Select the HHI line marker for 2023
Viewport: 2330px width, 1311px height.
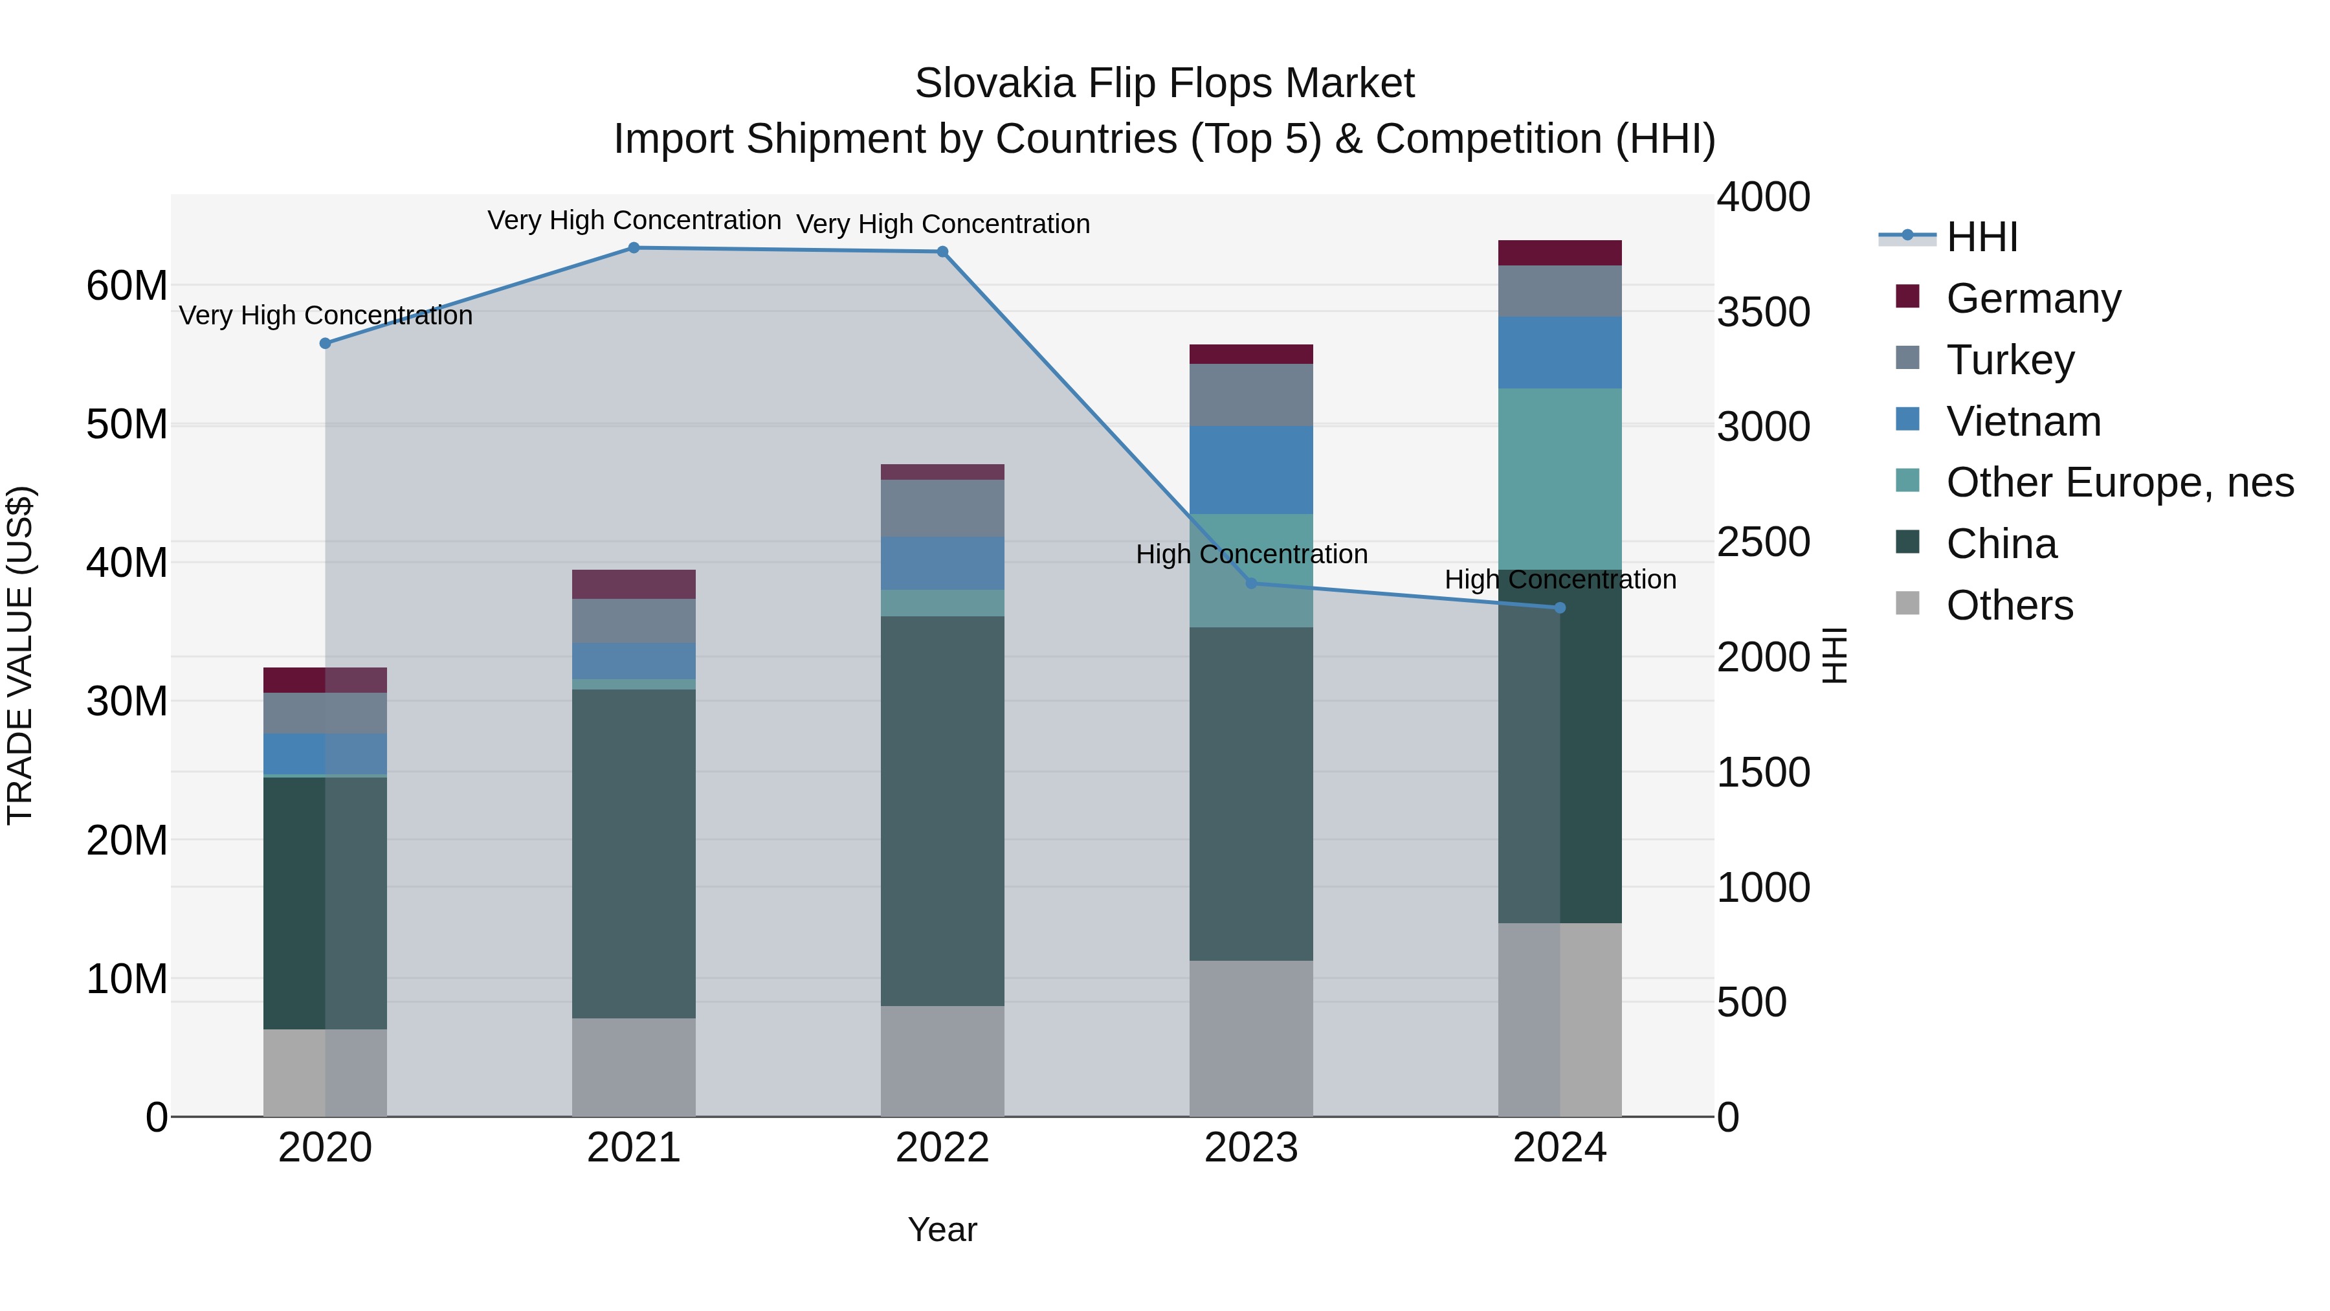click(1251, 583)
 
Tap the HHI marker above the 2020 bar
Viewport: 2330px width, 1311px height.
click(326, 344)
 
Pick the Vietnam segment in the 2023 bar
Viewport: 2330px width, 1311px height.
click(1251, 471)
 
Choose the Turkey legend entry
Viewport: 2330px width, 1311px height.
click(2010, 360)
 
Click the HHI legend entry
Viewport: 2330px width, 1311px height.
click(1981, 237)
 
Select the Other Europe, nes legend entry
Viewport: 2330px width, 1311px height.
click(2118, 482)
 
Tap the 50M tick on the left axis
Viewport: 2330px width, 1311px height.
click(127, 424)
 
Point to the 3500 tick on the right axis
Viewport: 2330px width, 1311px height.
click(1763, 312)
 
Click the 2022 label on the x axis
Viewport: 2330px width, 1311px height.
click(942, 1148)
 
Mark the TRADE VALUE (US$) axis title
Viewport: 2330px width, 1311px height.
click(20, 655)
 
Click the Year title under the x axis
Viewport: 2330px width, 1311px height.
click(942, 1229)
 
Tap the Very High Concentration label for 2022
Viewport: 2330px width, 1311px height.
click(942, 223)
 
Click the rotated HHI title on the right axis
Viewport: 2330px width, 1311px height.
click(1834, 655)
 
